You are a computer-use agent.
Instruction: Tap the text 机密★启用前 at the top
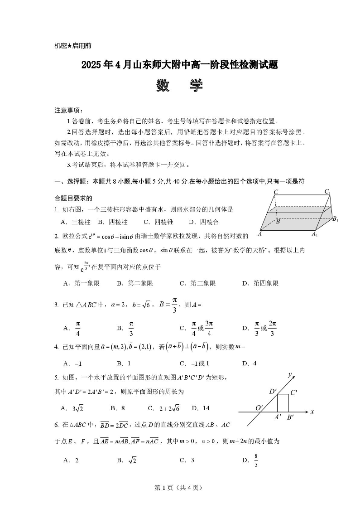[73, 46]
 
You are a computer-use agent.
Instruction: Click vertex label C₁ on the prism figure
[327, 192]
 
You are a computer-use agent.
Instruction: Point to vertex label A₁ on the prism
[314, 234]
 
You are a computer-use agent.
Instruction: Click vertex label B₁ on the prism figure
[335, 219]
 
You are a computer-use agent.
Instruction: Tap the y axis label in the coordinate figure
[290, 374]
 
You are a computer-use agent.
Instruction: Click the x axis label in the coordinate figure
[312, 412]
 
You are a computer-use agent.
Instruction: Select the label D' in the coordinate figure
[273, 391]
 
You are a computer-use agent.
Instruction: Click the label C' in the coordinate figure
[293, 393]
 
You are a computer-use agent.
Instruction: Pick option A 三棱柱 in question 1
[76, 222]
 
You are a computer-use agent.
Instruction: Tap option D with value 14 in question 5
[201, 408]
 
